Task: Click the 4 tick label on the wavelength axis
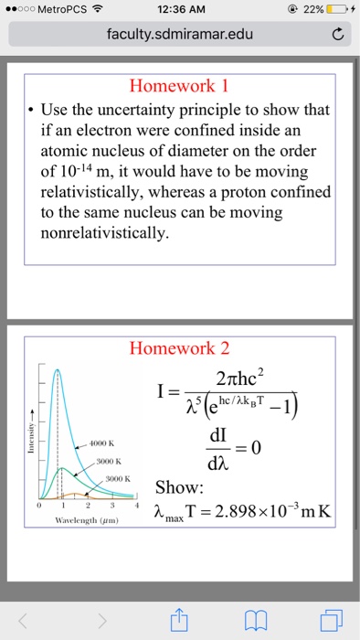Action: tap(137, 505)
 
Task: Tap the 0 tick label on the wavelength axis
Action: tap(39, 505)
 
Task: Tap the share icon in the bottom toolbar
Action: tap(179, 619)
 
